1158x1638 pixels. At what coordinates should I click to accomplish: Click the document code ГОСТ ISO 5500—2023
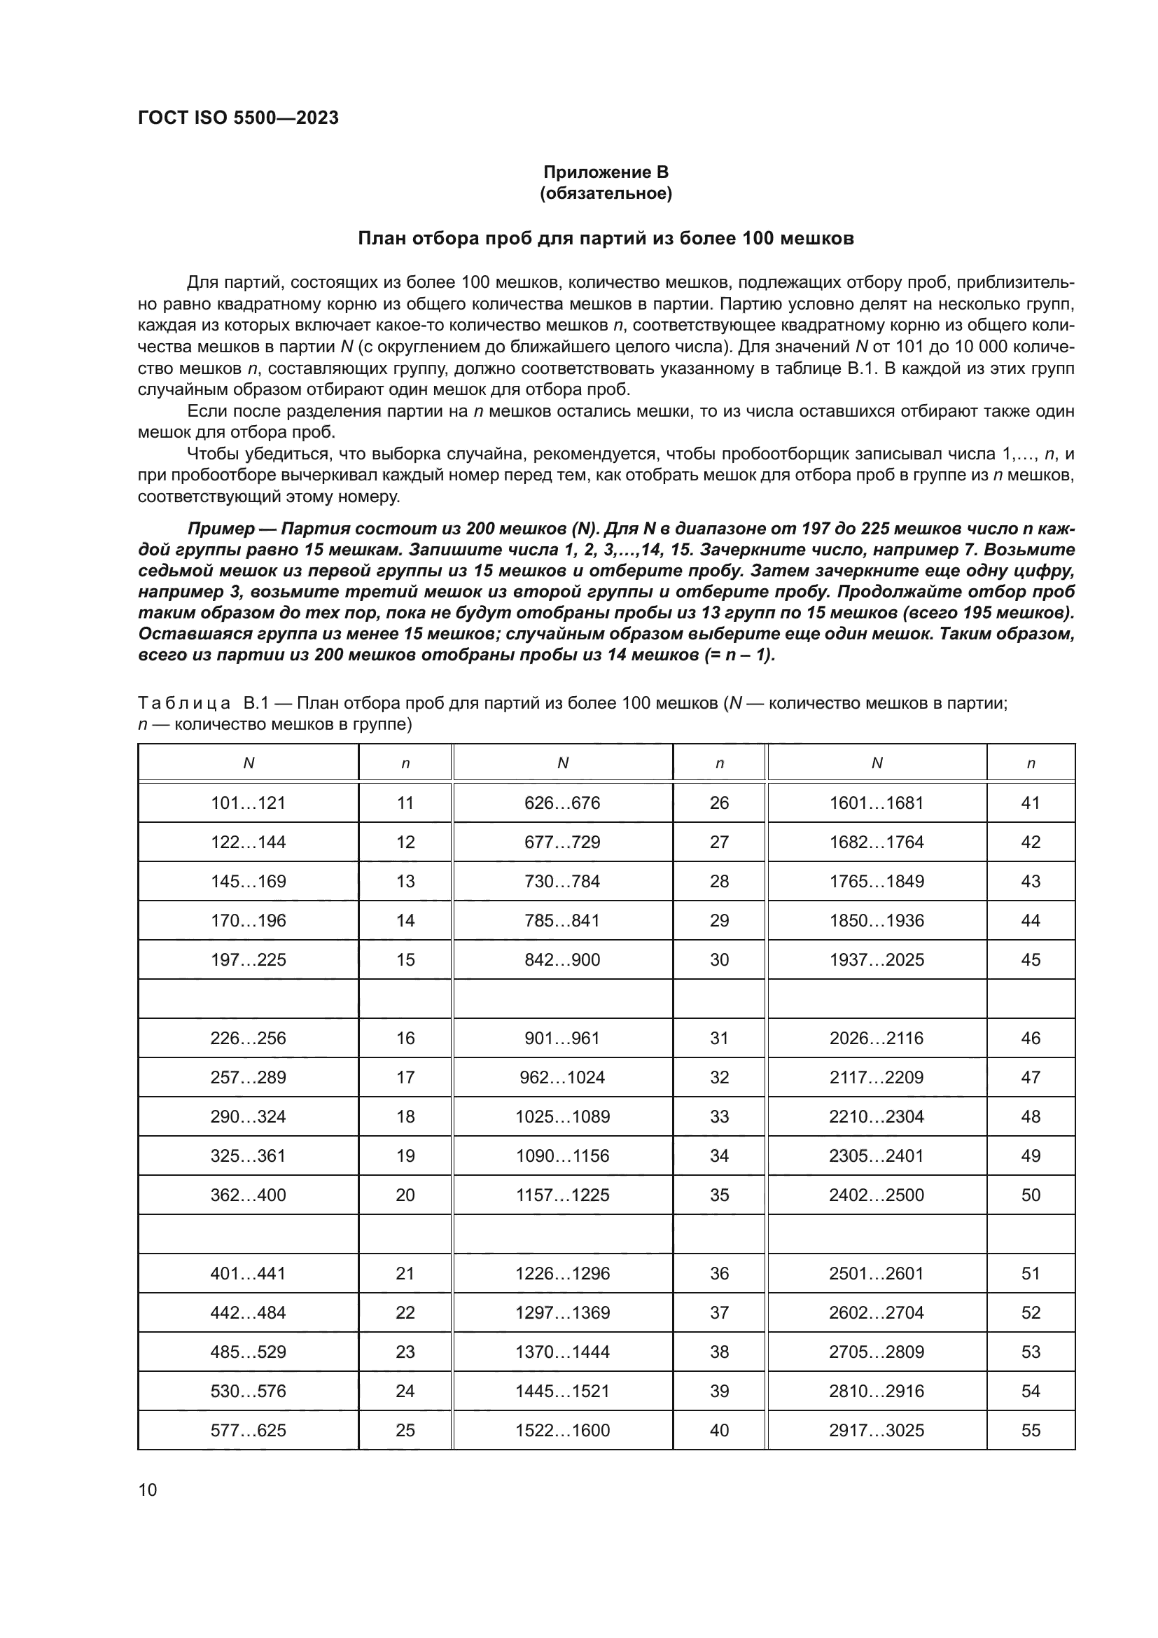237,118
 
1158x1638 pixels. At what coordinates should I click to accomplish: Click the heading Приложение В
606,172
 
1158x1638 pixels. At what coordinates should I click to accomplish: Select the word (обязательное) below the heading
606,193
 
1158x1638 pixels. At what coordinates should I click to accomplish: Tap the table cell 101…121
248,803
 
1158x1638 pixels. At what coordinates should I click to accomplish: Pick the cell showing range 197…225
248,959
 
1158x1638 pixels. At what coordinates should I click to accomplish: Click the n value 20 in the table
405,1195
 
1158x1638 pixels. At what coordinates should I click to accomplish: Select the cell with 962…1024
563,1077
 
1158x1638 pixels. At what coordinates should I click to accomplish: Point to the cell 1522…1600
563,1431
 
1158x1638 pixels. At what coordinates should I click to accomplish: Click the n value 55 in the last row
1031,1431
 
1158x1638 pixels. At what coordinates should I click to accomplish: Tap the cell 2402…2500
877,1195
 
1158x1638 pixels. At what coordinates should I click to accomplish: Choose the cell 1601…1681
877,803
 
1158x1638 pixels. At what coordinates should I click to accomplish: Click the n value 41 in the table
1031,803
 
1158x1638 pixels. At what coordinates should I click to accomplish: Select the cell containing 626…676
563,803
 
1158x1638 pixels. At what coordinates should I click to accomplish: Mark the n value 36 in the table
719,1273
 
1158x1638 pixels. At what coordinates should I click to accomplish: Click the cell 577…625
248,1431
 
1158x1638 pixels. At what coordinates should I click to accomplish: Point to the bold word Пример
221,529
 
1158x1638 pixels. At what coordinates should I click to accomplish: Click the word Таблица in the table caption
184,703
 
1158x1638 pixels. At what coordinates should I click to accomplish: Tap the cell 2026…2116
877,1038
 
